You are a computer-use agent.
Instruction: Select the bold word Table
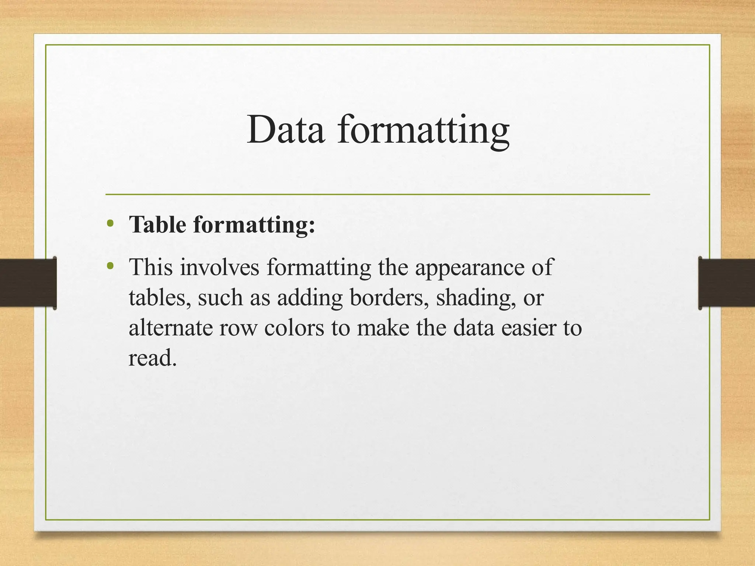tap(157, 224)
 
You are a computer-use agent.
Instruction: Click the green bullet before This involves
tap(109, 265)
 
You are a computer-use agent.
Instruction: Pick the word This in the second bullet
tap(151, 267)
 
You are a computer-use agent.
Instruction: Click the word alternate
tap(170, 328)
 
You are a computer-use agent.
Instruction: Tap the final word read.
tap(152, 357)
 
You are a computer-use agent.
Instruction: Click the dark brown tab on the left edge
tap(28, 283)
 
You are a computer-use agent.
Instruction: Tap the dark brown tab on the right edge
tap(727, 283)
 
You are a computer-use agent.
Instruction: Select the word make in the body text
tap(383, 328)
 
